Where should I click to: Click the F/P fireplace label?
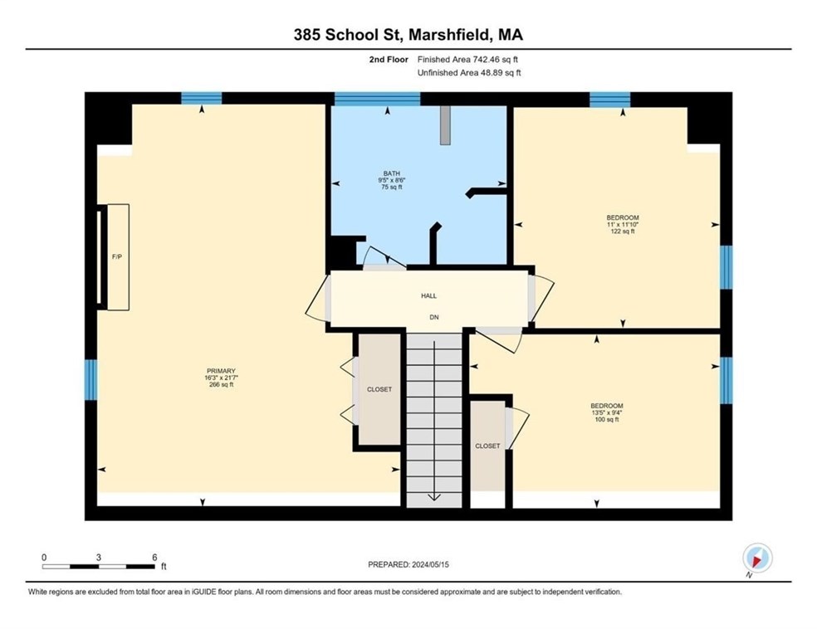tap(117, 256)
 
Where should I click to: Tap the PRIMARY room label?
tap(221, 371)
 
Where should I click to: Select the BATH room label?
tap(392, 173)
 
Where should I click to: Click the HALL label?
tap(428, 295)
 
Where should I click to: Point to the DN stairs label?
tap(434, 317)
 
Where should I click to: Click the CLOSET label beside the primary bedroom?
tap(379, 389)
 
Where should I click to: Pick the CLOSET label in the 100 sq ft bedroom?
tap(487, 446)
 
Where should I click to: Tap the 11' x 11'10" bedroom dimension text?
tap(623, 224)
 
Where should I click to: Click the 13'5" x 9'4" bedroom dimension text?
tap(607, 412)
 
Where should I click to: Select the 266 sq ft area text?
tap(221, 385)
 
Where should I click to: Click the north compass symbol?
tap(757, 558)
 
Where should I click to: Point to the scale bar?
tap(99, 567)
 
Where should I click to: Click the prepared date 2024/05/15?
tap(430, 564)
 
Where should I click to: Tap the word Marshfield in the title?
tap(449, 34)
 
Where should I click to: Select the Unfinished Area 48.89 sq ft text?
tap(469, 73)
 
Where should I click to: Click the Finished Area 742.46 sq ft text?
tap(467, 60)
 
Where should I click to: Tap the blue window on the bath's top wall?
tap(377, 99)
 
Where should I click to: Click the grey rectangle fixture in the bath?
tap(445, 125)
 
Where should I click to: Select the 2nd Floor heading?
tap(389, 60)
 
